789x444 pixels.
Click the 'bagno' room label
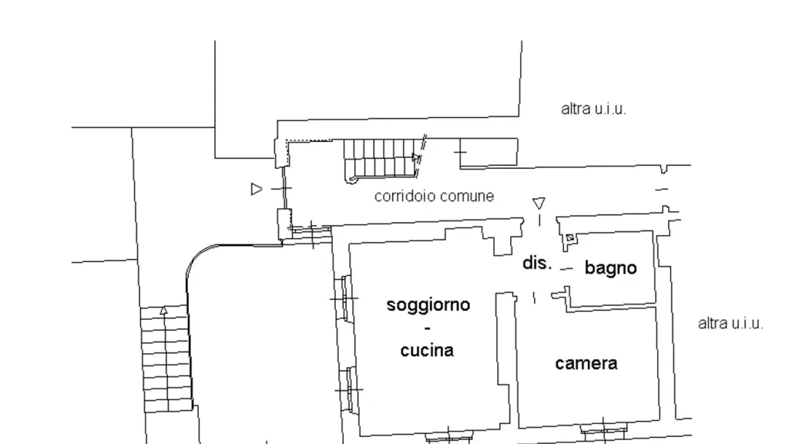pos(610,268)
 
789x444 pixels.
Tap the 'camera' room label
pos(586,364)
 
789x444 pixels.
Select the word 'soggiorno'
pos(428,305)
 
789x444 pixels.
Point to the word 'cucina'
pos(427,351)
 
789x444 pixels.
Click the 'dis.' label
pos(537,263)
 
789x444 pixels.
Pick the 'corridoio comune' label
pos(435,196)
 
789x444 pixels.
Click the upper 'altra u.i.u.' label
pos(594,109)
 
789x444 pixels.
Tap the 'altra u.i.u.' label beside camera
pos(730,323)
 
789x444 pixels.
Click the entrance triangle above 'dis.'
pos(539,203)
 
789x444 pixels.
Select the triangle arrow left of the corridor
pos(257,189)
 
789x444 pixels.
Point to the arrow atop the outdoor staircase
pos(163,310)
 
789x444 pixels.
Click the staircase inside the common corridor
pos(381,159)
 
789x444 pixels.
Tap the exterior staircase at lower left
pos(166,358)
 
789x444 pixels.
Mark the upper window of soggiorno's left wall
pos(344,298)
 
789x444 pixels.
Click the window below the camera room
pos(603,429)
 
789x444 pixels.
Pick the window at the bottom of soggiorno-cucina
pos(448,437)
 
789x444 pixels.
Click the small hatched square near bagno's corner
pos(569,237)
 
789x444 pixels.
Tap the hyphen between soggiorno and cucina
pos(428,328)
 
